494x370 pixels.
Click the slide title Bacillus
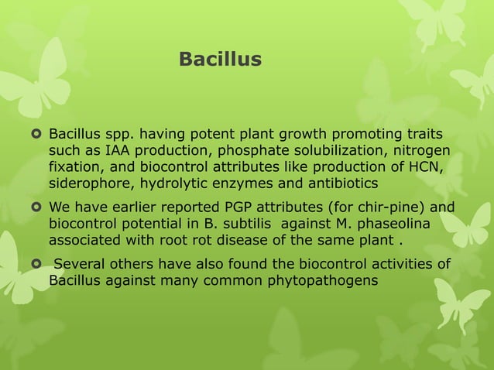[220, 59]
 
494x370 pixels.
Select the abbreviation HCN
[424, 167]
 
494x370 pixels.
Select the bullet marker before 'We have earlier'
[35, 207]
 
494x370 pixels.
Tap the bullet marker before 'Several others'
[35, 265]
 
